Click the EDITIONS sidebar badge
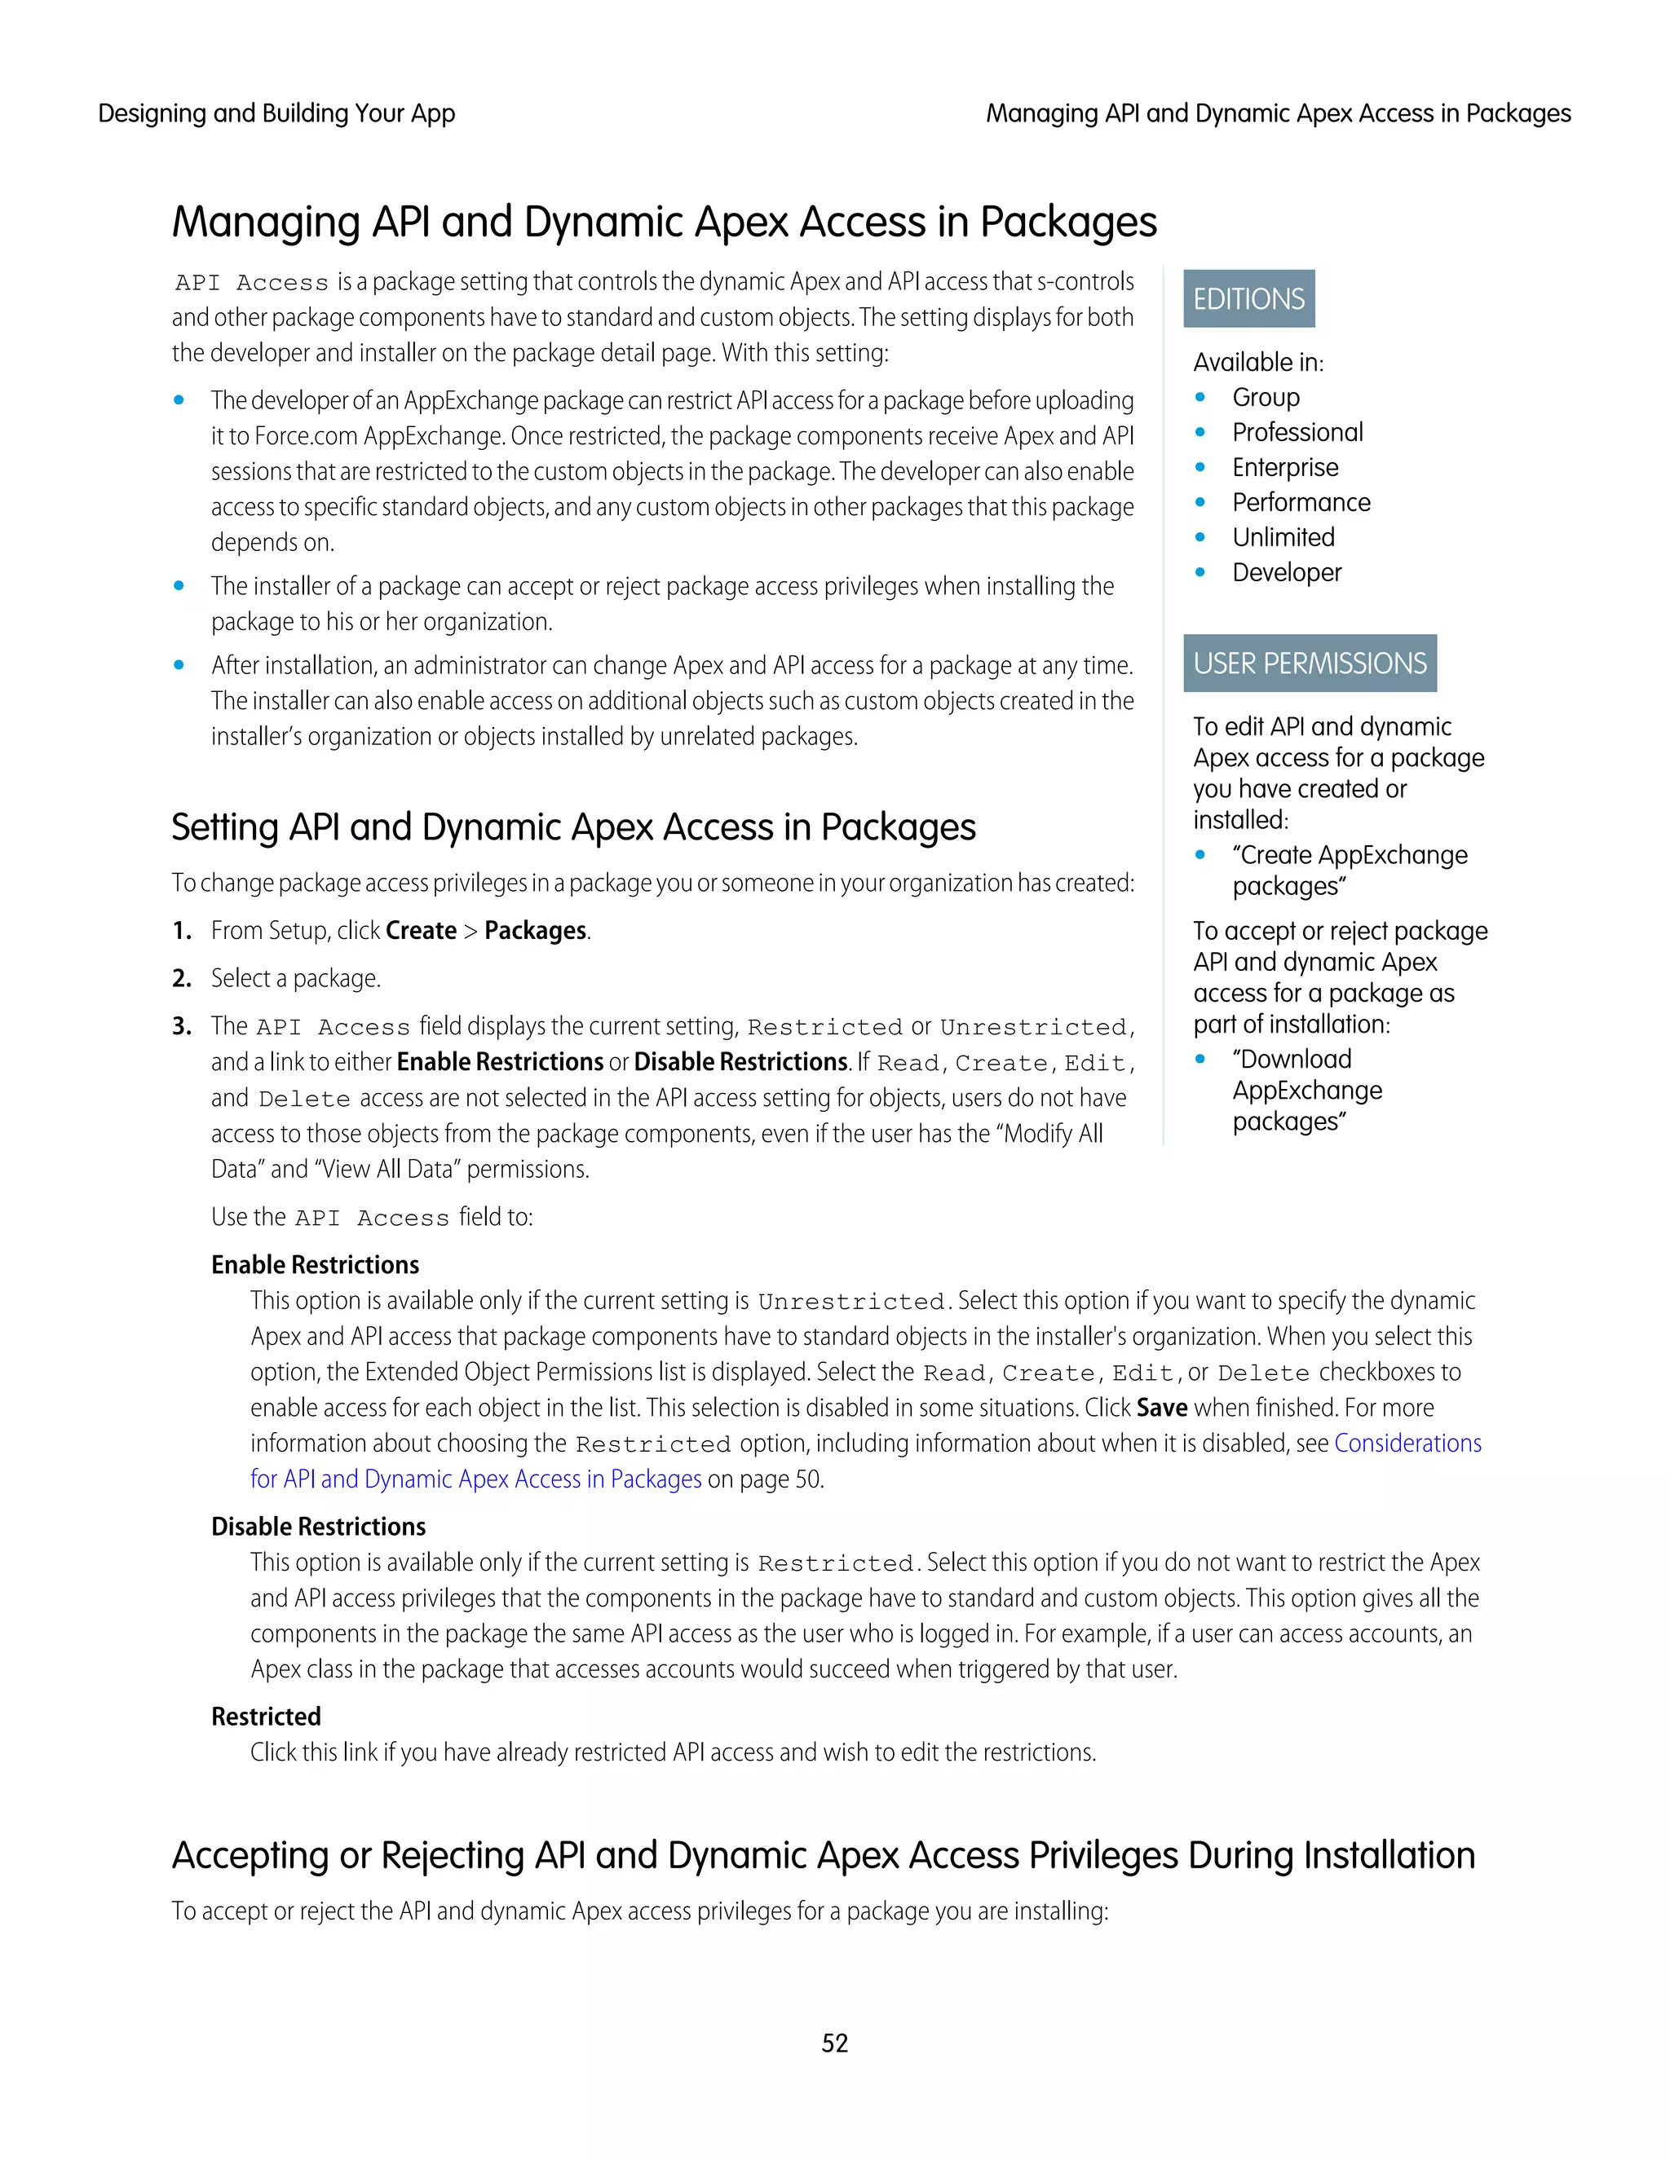[1248, 298]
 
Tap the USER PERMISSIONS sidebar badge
[1309, 663]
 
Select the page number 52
[834, 2043]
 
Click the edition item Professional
[1297, 432]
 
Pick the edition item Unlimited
[1283, 537]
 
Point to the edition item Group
[1266, 398]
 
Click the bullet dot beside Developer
[1200, 573]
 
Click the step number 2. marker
[181, 978]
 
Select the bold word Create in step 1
[421, 931]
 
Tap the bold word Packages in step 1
[535, 931]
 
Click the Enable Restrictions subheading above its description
[315, 1265]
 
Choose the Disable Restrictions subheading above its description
[317, 1526]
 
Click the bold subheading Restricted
[266, 1716]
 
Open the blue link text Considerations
[1407, 1443]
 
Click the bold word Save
[1161, 1408]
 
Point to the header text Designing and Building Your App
[276, 114]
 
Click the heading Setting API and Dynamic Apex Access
[572, 827]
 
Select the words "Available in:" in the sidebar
[1257, 362]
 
